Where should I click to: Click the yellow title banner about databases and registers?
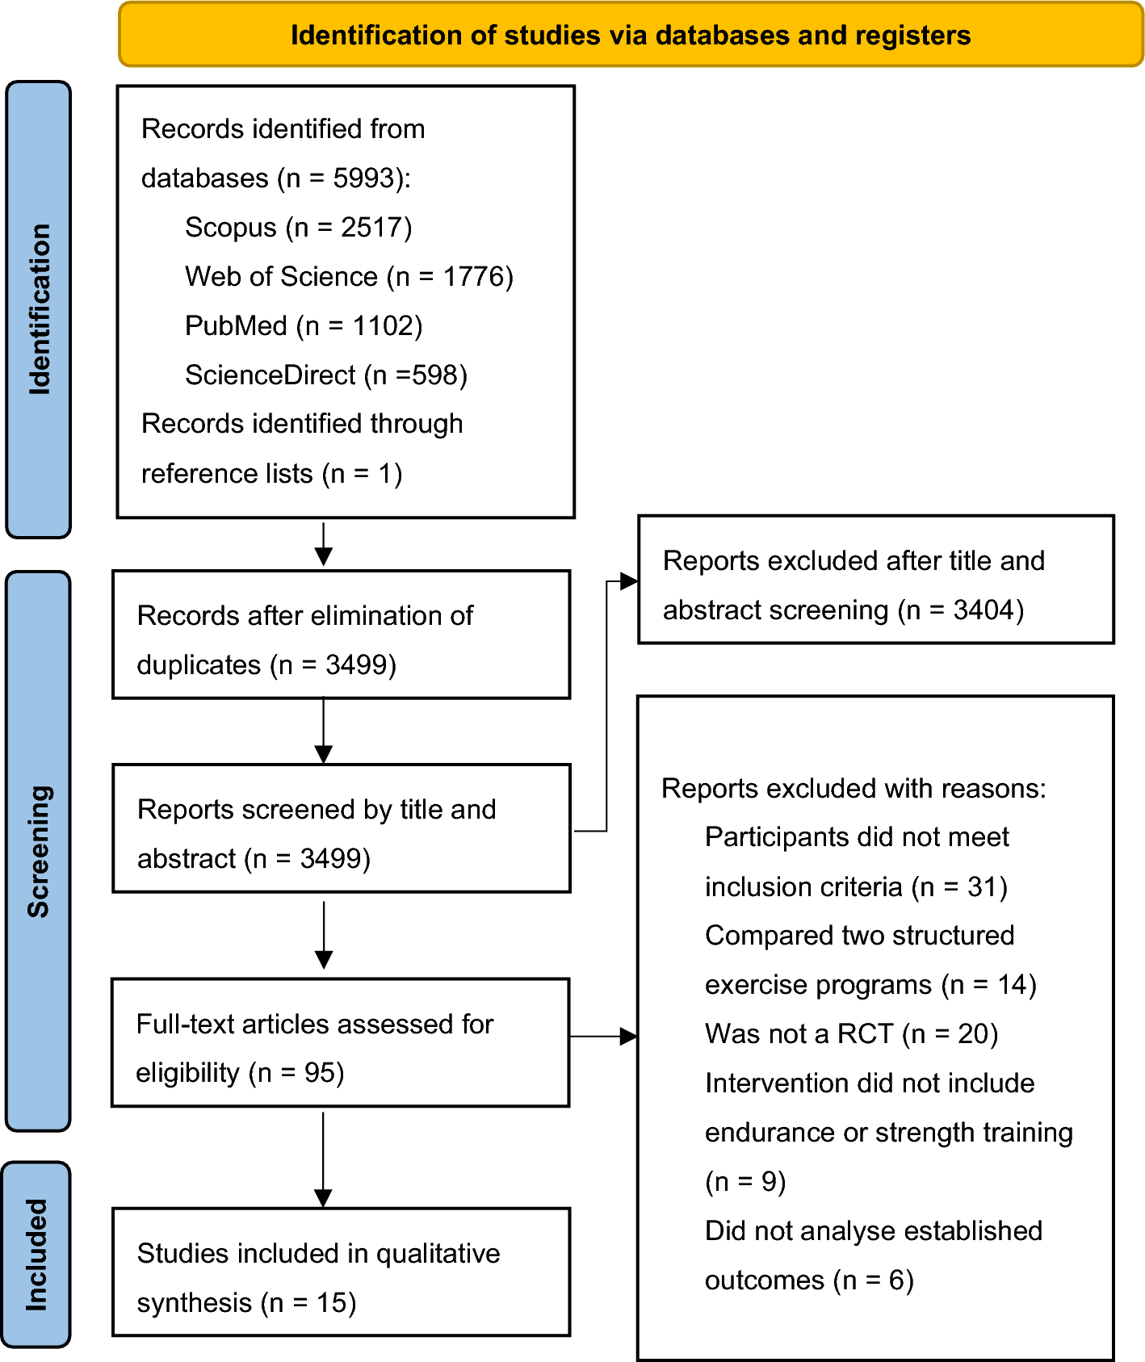coord(631,35)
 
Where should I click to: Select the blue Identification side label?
coord(39,309)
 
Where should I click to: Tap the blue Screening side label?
coord(39,851)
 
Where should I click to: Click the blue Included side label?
coord(37,1254)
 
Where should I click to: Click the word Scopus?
coord(230,228)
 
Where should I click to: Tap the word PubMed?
coord(236,326)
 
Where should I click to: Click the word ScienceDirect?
coord(270,375)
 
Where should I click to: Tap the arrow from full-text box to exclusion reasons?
coord(602,1037)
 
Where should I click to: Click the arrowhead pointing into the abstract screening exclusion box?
coord(628,581)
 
